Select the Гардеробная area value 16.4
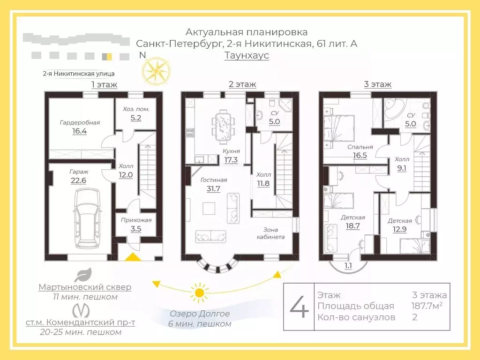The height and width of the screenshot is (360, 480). (x=80, y=131)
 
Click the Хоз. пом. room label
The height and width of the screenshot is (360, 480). (x=136, y=109)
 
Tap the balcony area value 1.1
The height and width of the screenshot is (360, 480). (x=348, y=266)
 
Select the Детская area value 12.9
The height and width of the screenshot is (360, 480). (x=400, y=230)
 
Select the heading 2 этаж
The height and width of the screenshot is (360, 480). (x=242, y=84)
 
